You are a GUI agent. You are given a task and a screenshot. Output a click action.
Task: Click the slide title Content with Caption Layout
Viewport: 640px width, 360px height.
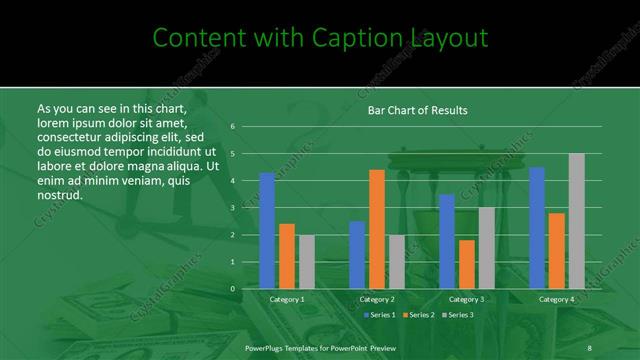pos(320,38)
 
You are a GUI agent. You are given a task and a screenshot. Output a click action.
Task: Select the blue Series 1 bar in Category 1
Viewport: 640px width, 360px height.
pos(267,230)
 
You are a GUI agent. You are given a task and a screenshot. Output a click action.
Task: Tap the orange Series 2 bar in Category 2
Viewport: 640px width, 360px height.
pos(376,229)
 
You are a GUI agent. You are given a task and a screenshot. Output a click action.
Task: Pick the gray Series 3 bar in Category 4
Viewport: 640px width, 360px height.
pos(576,221)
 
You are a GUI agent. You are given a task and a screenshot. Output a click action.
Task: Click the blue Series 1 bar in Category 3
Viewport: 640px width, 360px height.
pos(446,241)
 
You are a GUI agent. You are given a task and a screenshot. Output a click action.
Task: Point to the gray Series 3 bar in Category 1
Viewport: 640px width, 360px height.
pos(306,262)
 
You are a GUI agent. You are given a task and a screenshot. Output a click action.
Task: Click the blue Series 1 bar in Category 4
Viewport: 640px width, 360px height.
pos(537,228)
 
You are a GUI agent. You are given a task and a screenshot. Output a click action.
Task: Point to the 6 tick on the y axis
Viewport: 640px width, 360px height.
pos(232,127)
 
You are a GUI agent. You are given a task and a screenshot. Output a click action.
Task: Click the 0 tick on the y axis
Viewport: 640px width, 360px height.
pos(232,289)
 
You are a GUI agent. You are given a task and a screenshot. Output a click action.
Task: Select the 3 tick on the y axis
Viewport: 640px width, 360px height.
pos(232,208)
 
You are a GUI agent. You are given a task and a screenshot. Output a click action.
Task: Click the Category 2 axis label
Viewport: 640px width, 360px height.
pos(377,299)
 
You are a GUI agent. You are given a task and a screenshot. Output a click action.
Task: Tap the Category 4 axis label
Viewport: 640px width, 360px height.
pos(557,299)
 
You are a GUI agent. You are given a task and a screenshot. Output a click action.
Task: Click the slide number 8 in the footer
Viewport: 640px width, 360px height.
pos(589,346)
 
